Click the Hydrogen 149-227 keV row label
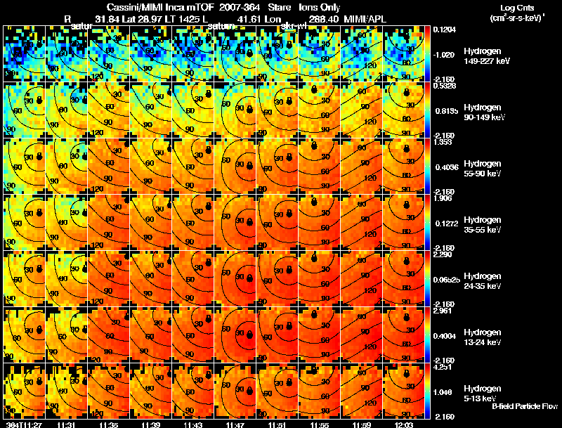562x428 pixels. (x=482, y=56)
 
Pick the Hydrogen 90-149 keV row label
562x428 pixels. (x=482, y=112)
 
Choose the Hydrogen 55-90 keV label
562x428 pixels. (x=482, y=169)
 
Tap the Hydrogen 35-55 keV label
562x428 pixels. (x=482, y=225)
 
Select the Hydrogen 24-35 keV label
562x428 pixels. (x=482, y=281)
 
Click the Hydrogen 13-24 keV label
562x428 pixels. (x=482, y=337)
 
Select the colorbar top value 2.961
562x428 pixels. (x=443, y=311)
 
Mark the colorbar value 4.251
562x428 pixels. (x=443, y=367)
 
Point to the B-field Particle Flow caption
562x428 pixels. (x=524, y=406)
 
